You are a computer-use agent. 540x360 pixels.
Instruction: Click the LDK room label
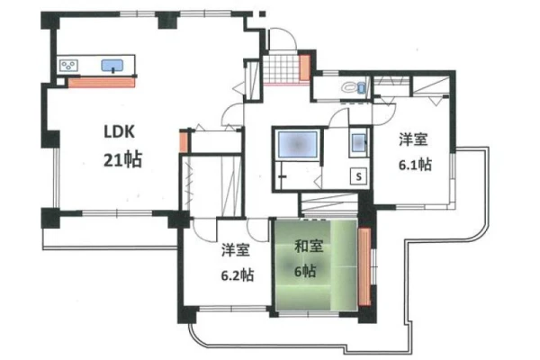click(119, 132)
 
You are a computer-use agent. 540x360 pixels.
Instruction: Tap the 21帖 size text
click(122, 159)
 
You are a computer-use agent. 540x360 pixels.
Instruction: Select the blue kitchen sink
click(112, 66)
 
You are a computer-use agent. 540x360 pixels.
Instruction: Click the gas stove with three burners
click(69, 65)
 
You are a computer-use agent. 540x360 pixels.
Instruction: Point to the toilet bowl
click(349, 86)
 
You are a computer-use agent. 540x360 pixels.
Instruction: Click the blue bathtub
click(298, 144)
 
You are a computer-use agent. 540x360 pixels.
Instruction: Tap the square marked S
click(359, 176)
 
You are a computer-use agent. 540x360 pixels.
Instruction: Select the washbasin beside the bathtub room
click(358, 142)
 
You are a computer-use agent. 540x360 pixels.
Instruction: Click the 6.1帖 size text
click(415, 165)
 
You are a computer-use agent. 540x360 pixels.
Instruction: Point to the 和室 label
click(309, 247)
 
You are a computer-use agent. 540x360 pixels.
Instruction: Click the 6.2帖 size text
click(238, 275)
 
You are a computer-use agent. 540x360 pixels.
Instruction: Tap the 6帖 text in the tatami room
click(305, 272)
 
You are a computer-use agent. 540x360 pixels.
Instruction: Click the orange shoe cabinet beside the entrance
click(305, 67)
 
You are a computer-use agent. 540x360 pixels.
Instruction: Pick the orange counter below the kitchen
click(101, 83)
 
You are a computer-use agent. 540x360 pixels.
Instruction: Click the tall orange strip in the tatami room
click(364, 267)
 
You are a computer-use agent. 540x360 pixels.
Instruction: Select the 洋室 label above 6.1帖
click(413, 139)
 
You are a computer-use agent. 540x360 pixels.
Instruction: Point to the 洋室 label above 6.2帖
click(236, 250)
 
